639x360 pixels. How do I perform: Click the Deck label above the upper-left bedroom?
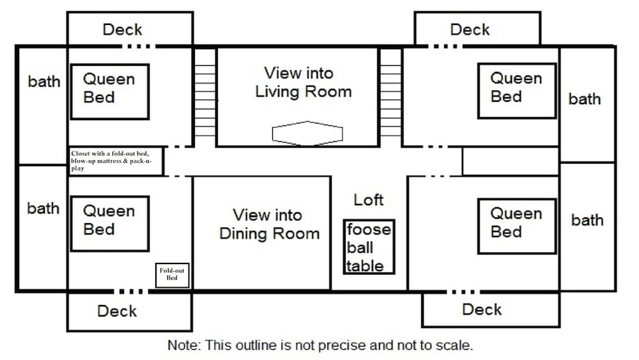[x=122, y=29]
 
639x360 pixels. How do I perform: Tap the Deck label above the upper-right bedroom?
[x=470, y=29]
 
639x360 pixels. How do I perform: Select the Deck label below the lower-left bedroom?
[x=117, y=311]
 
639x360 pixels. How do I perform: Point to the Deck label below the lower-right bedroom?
[x=482, y=309]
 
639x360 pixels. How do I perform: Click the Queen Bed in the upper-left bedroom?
[x=110, y=91]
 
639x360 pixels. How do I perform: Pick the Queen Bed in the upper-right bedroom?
[x=517, y=91]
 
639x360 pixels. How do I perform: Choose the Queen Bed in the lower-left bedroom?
[x=110, y=224]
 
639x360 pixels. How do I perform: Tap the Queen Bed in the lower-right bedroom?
[x=517, y=226]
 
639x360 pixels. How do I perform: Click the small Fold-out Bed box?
[x=172, y=275]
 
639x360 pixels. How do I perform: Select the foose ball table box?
[x=369, y=247]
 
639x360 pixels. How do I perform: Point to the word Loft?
[x=369, y=200]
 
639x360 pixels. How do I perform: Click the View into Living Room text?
[x=303, y=82]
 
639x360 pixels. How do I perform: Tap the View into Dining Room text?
[x=270, y=224]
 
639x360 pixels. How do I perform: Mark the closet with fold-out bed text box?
[x=116, y=161]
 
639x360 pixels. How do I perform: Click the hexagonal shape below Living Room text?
[x=307, y=133]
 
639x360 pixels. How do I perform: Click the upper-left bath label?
[x=44, y=82]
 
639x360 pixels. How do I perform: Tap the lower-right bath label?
[x=587, y=220]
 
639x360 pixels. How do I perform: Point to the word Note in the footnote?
[x=184, y=345]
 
